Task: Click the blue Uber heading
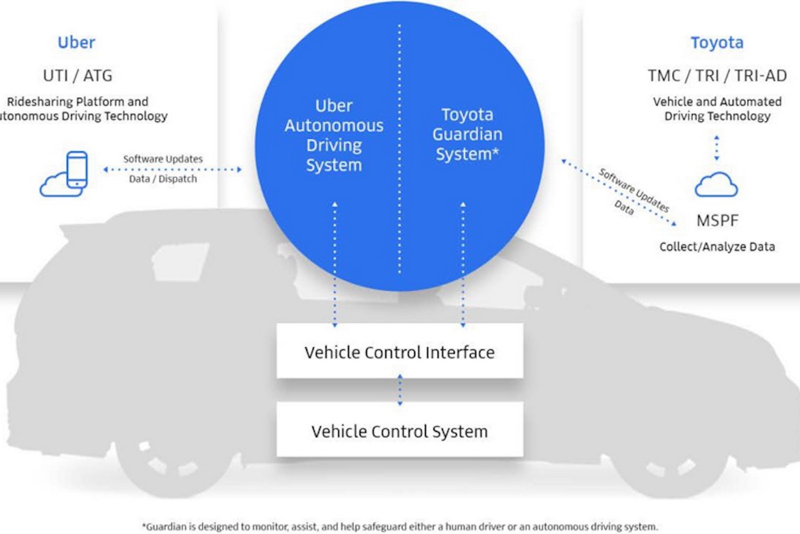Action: (x=76, y=43)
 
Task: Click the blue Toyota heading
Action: (x=716, y=43)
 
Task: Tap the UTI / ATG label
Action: (x=77, y=76)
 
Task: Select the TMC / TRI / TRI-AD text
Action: (x=717, y=76)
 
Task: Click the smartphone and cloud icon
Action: (x=64, y=174)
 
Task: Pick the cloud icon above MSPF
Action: (x=716, y=185)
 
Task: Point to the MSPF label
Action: (x=717, y=220)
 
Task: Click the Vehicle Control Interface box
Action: (x=399, y=352)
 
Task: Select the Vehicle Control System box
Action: (x=399, y=430)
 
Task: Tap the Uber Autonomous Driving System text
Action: (x=334, y=135)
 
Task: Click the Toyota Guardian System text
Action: (x=467, y=134)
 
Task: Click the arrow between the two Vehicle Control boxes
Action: (x=399, y=390)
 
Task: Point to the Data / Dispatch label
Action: (x=163, y=179)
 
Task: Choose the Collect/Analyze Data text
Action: (x=717, y=247)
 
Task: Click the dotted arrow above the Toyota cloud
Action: (x=716, y=148)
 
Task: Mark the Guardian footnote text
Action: (x=400, y=526)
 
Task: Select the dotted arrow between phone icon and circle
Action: (x=172, y=170)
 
